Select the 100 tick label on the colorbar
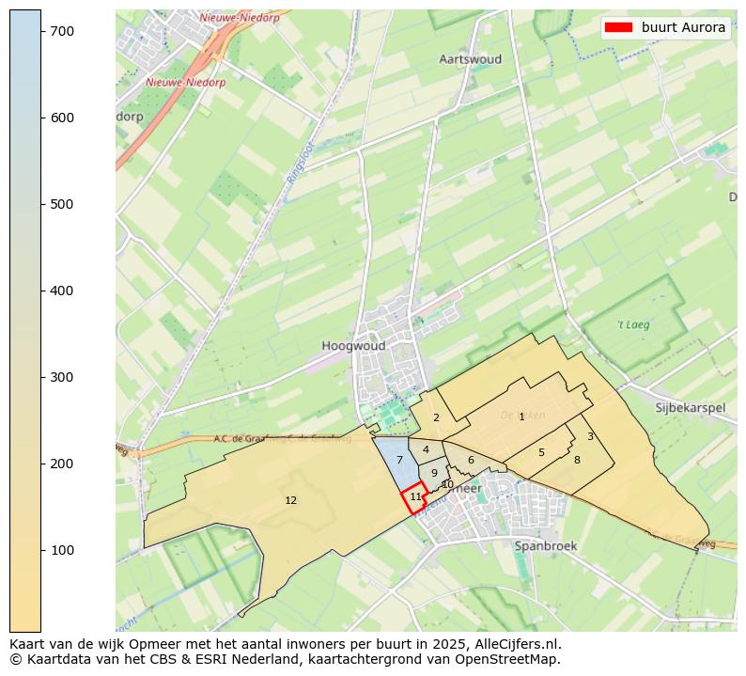(x=62, y=550)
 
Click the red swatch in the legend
(x=619, y=27)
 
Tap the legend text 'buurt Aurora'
(x=683, y=27)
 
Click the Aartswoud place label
(x=470, y=59)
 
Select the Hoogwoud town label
(x=353, y=346)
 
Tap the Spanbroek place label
(x=545, y=545)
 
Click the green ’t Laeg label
(x=633, y=325)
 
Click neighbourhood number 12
(x=290, y=500)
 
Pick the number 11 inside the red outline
(x=415, y=496)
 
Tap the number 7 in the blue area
(x=399, y=460)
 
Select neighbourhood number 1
(x=521, y=417)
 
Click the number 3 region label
(x=590, y=436)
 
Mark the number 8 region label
(x=577, y=460)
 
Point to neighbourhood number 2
(x=436, y=417)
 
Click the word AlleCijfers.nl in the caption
(x=515, y=644)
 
